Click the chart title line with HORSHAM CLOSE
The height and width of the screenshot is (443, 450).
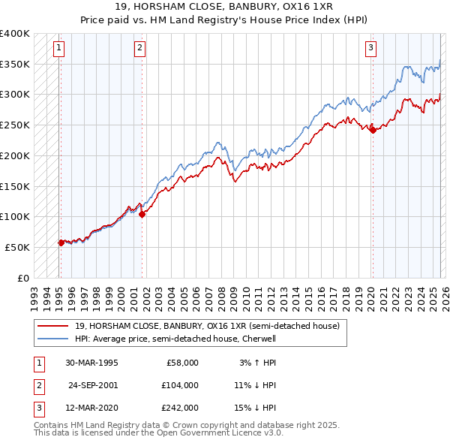pyautogui.click(x=225, y=8)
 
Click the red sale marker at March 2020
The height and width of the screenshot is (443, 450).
pyautogui.click(x=373, y=130)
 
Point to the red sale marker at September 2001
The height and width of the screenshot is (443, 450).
pyautogui.click(x=142, y=214)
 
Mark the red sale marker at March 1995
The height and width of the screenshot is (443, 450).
pyautogui.click(x=61, y=242)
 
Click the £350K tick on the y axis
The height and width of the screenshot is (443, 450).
pyautogui.click(x=15, y=65)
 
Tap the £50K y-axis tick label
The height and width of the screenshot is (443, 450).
pyautogui.click(x=17, y=247)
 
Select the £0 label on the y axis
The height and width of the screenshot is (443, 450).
pyautogui.click(x=23, y=278)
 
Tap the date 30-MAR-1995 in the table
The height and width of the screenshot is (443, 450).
pyautogui.click(x=91, y=362)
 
